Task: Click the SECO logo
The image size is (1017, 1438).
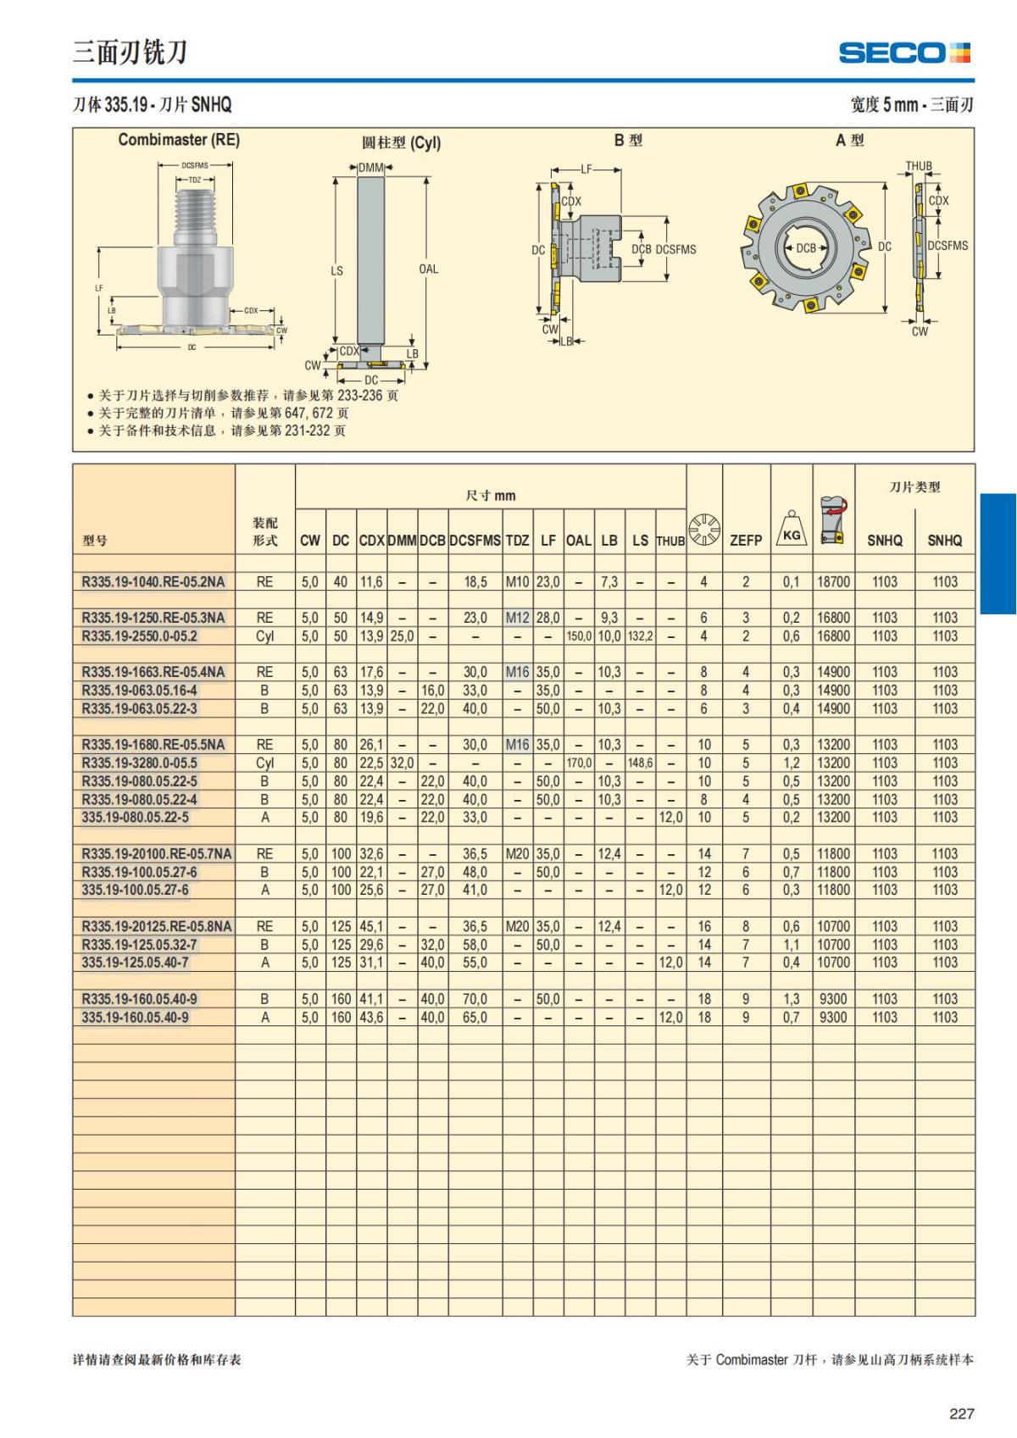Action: (x=904, y=52)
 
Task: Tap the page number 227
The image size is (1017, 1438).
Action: (x=962, y=1413)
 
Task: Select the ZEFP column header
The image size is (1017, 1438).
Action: (x=746, y=541)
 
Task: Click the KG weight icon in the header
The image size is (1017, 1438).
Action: (x=792, y=528)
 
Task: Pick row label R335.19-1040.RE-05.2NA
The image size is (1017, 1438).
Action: (x=153, y=581)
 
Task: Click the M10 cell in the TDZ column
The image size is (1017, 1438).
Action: (x=517, y=581)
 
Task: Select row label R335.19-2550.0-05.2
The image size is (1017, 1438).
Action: (x=139, y=636)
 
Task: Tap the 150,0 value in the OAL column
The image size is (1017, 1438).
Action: (x=579, y=636)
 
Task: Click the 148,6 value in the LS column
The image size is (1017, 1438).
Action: (x=640, y=763)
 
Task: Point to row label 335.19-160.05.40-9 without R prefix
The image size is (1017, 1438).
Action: (x=135, y=1017)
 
